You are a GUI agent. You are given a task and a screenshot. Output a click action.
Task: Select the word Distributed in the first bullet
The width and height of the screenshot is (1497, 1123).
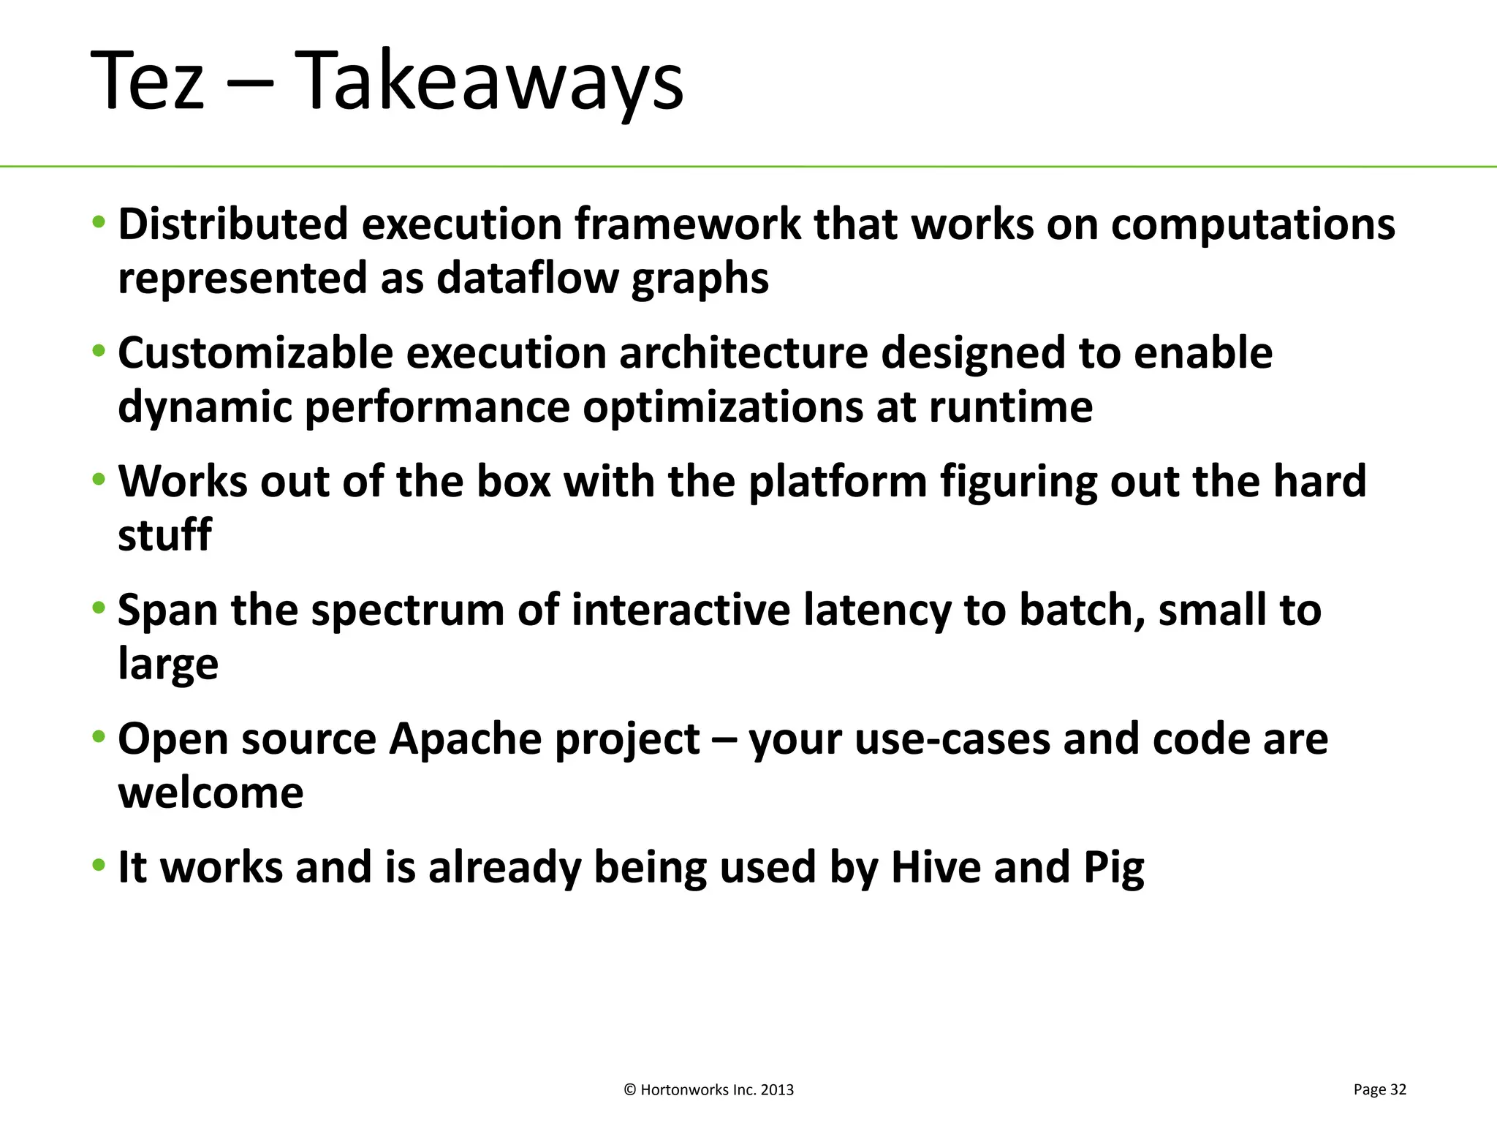point(233,224)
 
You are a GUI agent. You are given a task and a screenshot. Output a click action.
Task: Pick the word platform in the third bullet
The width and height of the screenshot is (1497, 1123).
point(838,483)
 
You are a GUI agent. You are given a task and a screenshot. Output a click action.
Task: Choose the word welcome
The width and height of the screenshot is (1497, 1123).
point(211,793)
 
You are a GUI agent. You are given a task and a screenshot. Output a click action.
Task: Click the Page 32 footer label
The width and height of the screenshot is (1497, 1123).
point(1379,1089)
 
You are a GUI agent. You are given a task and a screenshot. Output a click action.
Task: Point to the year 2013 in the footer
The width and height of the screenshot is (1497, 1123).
point(777,1090)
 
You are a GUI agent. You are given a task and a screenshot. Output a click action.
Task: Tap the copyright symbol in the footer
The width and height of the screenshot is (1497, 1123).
point(630,1090)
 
